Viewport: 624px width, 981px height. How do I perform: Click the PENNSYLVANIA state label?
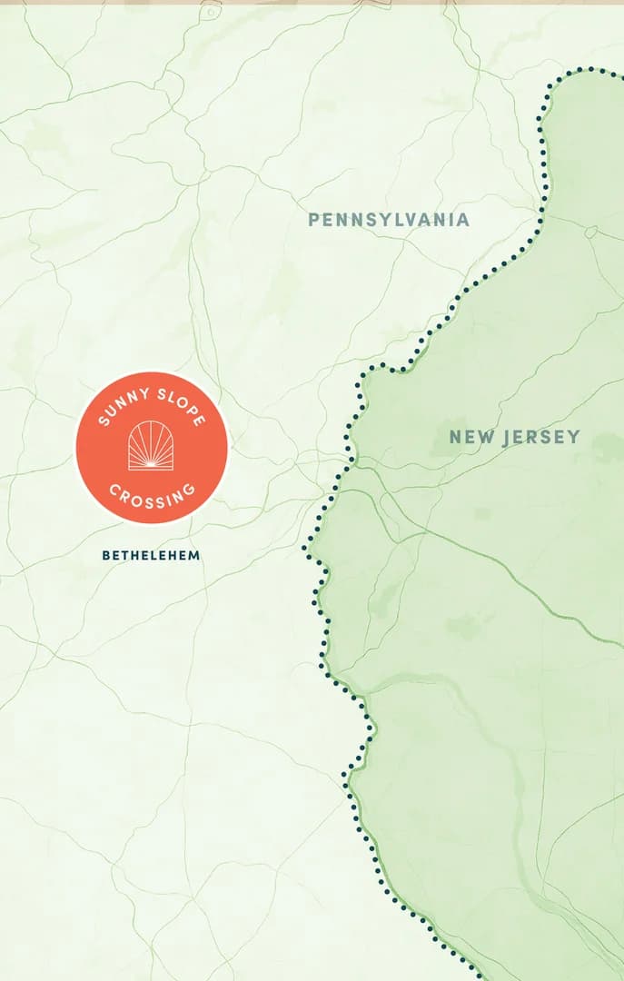(x=389, y=220)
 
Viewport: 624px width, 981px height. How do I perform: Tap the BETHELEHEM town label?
(x=151, y=555)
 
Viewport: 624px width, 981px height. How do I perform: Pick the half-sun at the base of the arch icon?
(x=152, y=464)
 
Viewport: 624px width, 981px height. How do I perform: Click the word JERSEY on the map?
(x=540, y=438)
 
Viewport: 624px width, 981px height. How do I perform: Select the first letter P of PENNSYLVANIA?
(x=313, y=220)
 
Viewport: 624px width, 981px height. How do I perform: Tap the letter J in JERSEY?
(x=505, y=438)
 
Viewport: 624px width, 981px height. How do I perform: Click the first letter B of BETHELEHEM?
(x=106, y=555)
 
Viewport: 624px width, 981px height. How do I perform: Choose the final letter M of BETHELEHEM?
(x=194, y=555)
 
